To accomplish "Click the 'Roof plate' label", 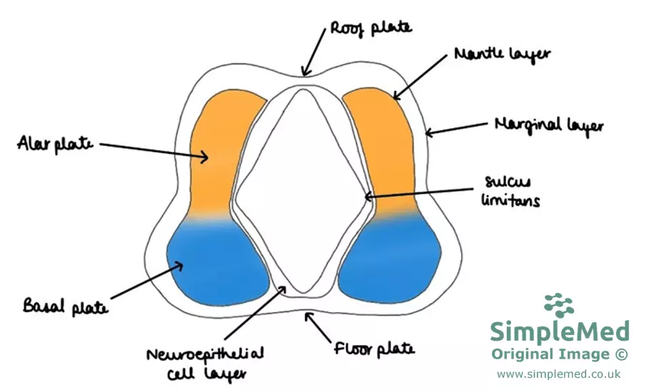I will click(x=370, y=29).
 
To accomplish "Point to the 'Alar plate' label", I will click(x=56, y=144).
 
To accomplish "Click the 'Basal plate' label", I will click(x=66, y=309).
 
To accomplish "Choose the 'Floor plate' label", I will click(x=374, y=349).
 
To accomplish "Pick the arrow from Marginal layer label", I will click(x=457, y=130).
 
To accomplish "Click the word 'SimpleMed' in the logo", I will click(x=560, y=332).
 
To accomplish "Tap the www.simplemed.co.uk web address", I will click(x=559, y=374).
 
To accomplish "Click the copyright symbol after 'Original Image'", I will click(x=621, y=354).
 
